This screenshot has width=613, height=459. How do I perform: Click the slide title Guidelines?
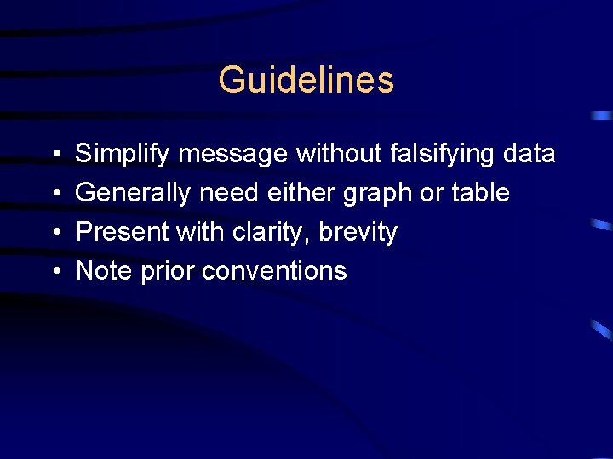(x=306, y=80)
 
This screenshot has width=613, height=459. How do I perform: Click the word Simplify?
(x=123, y=155)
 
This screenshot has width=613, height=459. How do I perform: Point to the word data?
(x=529, y=155)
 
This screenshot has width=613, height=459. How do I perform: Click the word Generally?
(x=133, y=194)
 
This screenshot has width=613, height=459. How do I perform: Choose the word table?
(x=480, y=193)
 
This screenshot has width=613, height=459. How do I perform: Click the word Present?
(x=119, y=232)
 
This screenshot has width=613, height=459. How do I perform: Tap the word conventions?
(x=274, y=271)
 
